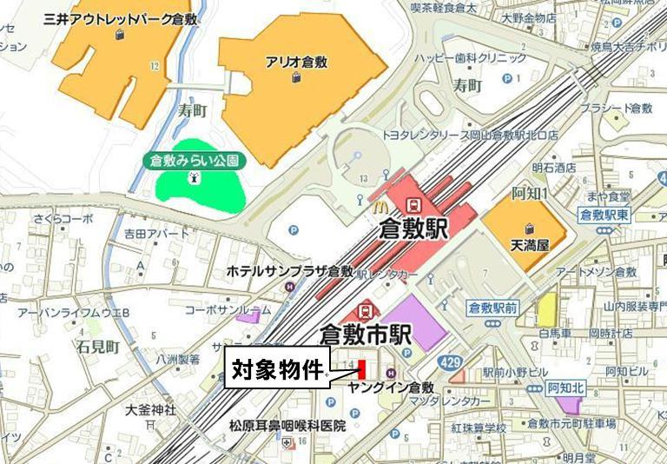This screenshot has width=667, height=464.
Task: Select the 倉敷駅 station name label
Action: point(413,230)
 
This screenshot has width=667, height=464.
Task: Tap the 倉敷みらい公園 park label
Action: point(193,161)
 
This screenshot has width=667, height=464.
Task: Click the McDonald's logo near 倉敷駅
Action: point(378,207)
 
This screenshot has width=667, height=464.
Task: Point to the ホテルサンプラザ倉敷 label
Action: point(289,271)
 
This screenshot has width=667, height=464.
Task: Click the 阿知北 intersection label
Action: point(571,388)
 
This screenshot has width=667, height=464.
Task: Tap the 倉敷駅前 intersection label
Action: point(492,307)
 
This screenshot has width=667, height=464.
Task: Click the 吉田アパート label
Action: point(156,234)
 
